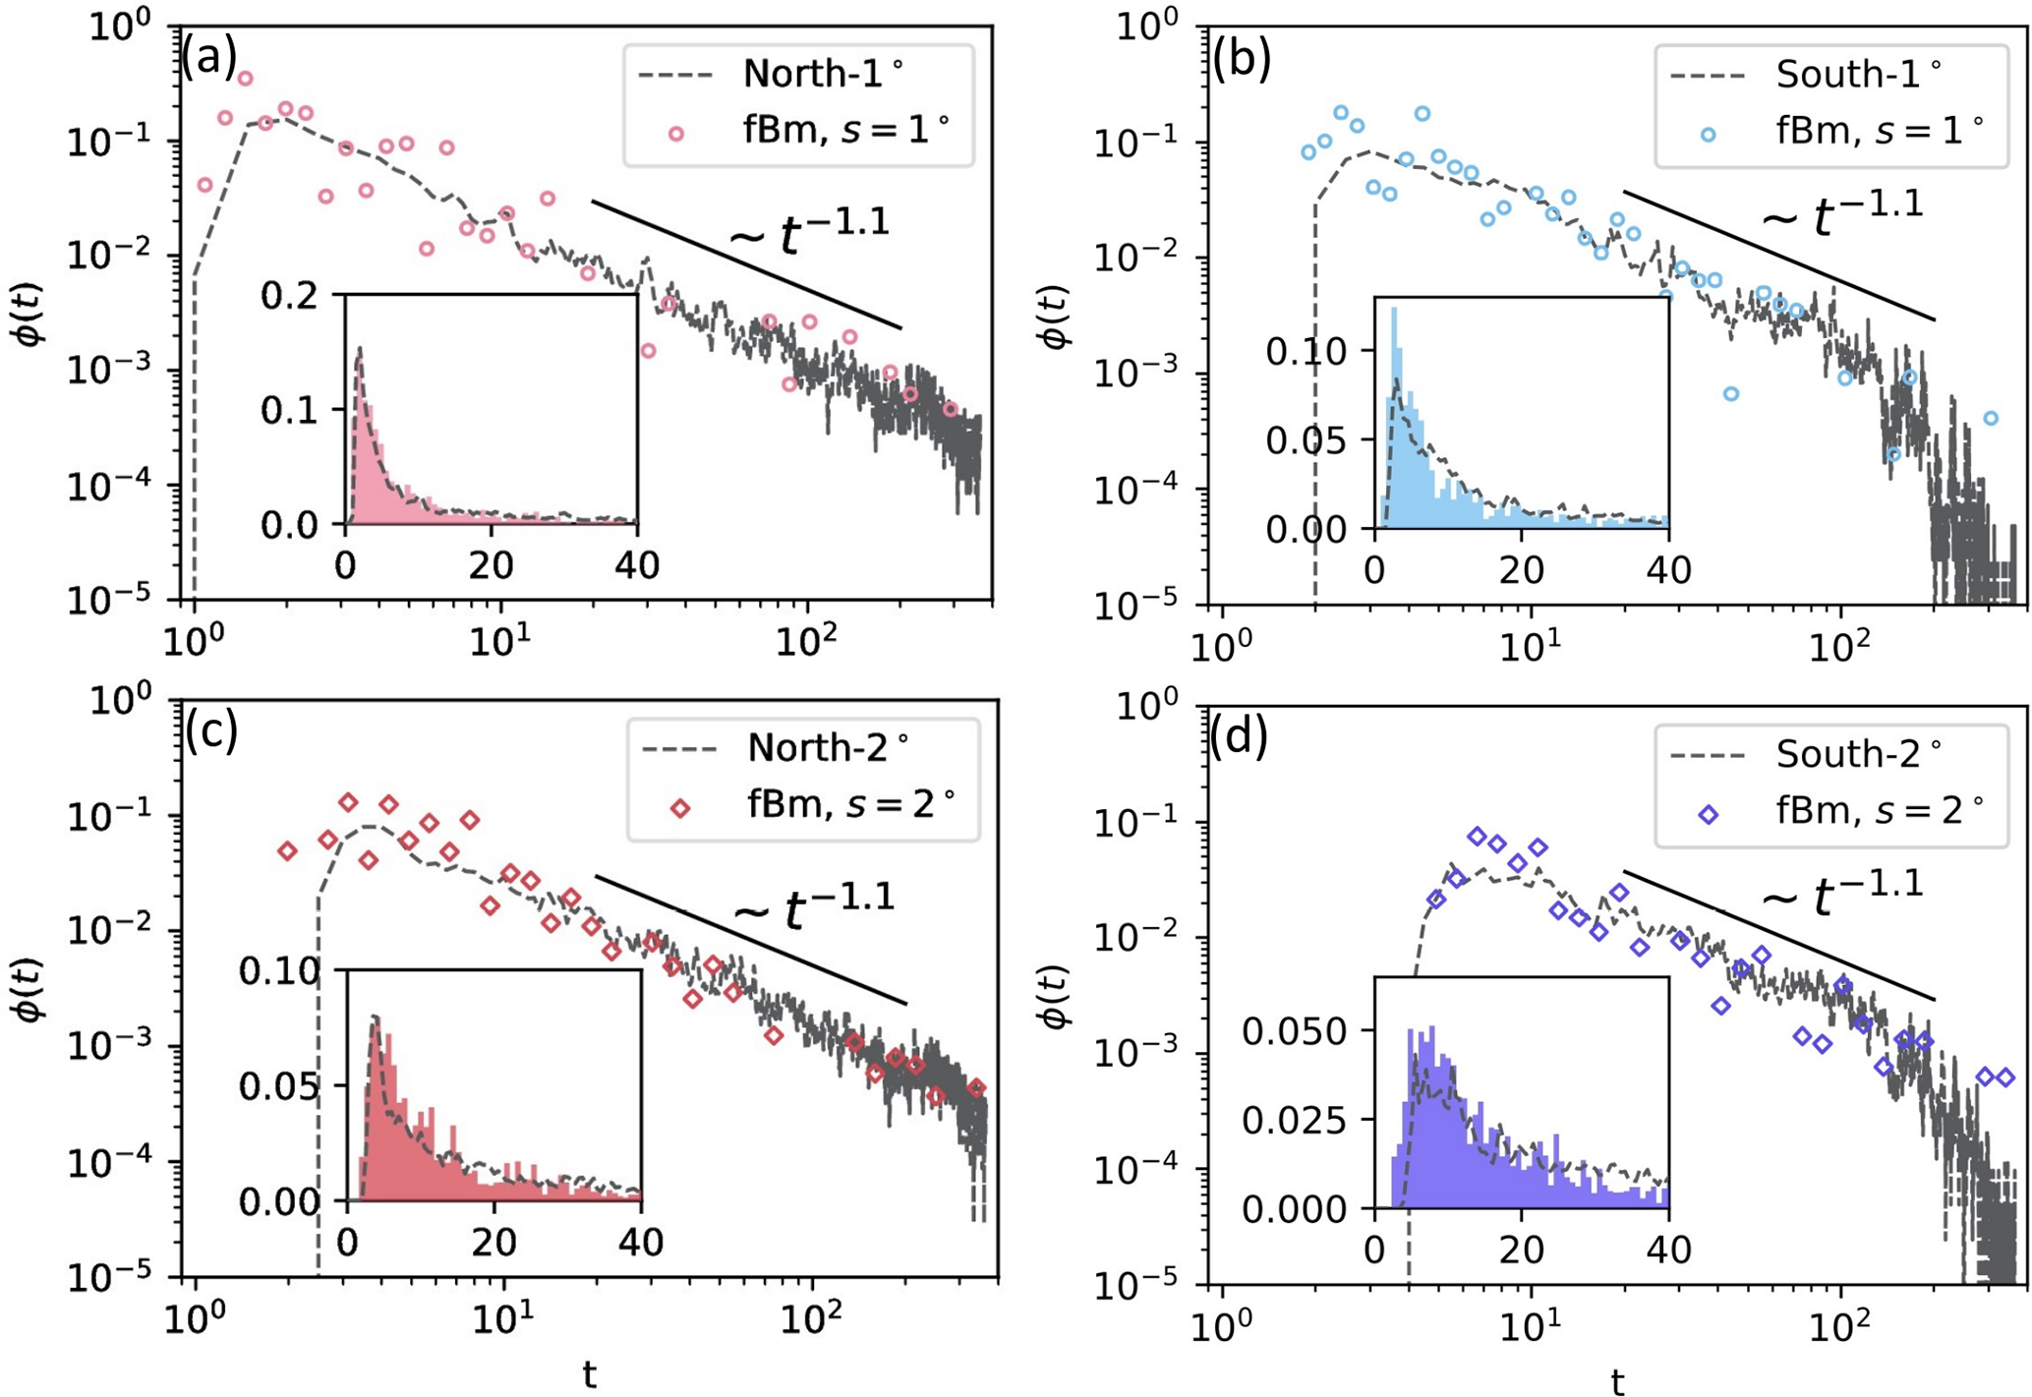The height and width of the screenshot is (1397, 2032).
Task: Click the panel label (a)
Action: (208, 59)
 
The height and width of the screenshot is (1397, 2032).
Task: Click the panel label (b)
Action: (1242, 59)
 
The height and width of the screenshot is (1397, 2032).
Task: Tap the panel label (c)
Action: (211, 731)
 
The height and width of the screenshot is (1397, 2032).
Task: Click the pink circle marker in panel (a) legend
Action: (676, 134)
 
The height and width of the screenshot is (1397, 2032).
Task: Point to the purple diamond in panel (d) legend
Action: (1709, 814)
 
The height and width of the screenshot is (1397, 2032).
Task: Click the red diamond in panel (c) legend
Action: (679, 808)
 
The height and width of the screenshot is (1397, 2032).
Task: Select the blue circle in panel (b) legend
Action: (1709, 134)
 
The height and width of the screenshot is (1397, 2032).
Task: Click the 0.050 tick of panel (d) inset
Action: (1298, 1031)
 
